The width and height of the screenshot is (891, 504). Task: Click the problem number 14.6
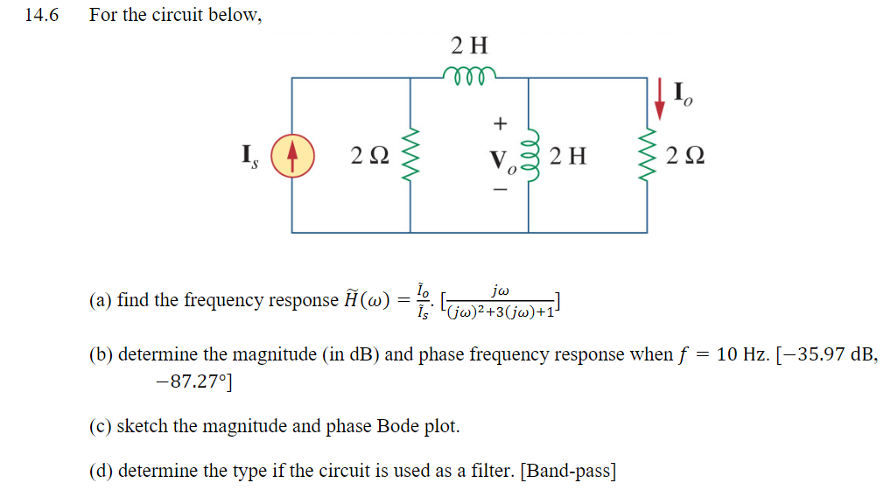[x=40, y=16]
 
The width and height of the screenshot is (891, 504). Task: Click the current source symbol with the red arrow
[x=292, y=157]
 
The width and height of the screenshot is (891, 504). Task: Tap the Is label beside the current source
[x=249, y=157]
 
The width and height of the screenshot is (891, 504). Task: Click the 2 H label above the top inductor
[x=470, y=45]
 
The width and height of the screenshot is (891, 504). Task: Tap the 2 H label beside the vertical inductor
[x=567, y=157]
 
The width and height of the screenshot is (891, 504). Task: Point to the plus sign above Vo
[x=502, y=122]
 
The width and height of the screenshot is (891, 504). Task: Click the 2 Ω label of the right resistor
[x=685, y=157]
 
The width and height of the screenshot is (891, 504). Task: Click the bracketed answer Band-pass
[x=568, y=472]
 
